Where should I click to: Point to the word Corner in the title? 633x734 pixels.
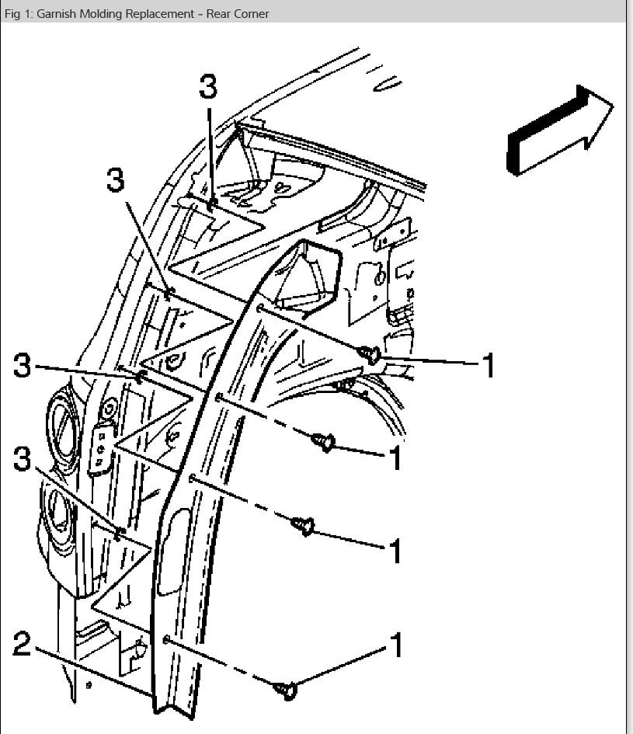tap(250, 13)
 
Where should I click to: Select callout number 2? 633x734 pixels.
tap(23, 644)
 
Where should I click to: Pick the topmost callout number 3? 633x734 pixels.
tap(207, 87)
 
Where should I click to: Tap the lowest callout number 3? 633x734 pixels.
tap(23, 458)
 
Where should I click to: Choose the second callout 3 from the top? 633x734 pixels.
tap(114, 179)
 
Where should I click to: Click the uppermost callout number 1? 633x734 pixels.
tap(488, 364)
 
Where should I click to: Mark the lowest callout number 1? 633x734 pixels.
tap(396, 645)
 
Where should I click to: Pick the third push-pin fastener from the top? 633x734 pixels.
tap(303, 526)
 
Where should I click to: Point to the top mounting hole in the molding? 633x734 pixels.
tap(259, 308)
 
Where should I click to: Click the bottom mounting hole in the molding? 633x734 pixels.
tap(166, 638)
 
